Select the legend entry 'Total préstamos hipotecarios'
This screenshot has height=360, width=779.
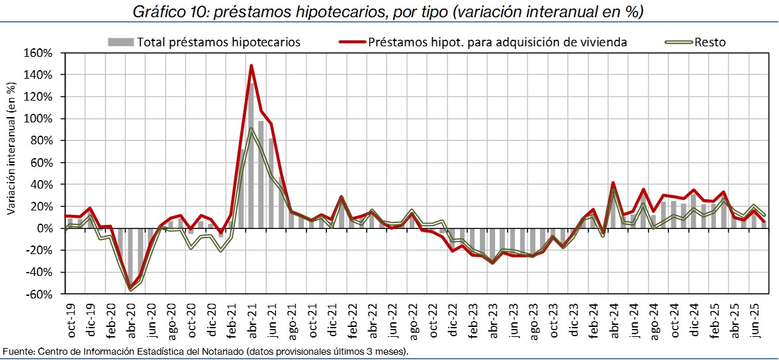click(218, 42)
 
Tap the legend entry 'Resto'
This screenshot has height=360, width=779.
click(710, 42)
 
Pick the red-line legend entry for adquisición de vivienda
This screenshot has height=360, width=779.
click(496, 42)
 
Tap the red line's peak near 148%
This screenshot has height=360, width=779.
click(252, 66)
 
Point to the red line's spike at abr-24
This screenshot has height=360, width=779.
click(613, 183)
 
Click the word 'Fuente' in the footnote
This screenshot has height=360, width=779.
click(16, 351)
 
